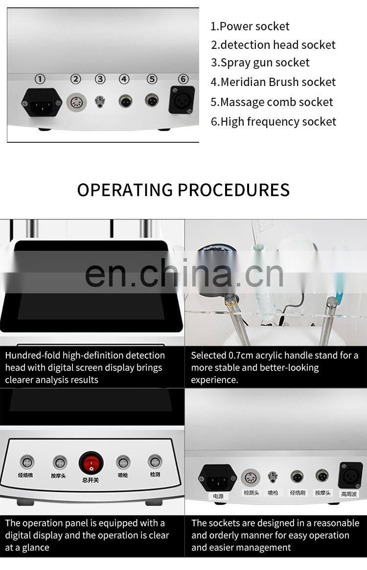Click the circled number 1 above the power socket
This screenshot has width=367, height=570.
pos(40,79)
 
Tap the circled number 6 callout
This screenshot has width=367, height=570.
pos(183,79)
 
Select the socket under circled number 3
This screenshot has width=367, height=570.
pos(100,102)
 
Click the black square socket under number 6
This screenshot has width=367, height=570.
pos(182,100)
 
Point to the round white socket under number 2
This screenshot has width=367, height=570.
pos(76,102)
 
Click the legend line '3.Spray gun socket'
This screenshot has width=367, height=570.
pos(260,63)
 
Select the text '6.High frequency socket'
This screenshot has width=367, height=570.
pos(274,122)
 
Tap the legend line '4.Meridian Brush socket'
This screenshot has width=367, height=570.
pos(274,82)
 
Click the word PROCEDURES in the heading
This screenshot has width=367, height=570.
pos(234,190)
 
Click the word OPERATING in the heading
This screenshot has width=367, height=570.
pos(125,190)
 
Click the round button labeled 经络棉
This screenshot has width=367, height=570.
pos(27,462)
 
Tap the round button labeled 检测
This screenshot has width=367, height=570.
pos(155,461)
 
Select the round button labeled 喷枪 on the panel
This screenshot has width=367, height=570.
pos(123,462)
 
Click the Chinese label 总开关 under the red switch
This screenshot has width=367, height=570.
pos(91,480)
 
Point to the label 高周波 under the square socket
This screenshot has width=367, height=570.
pos(349,494)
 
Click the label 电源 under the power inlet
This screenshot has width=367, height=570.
pos(218,496)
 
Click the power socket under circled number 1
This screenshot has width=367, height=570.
pos(42,102)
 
